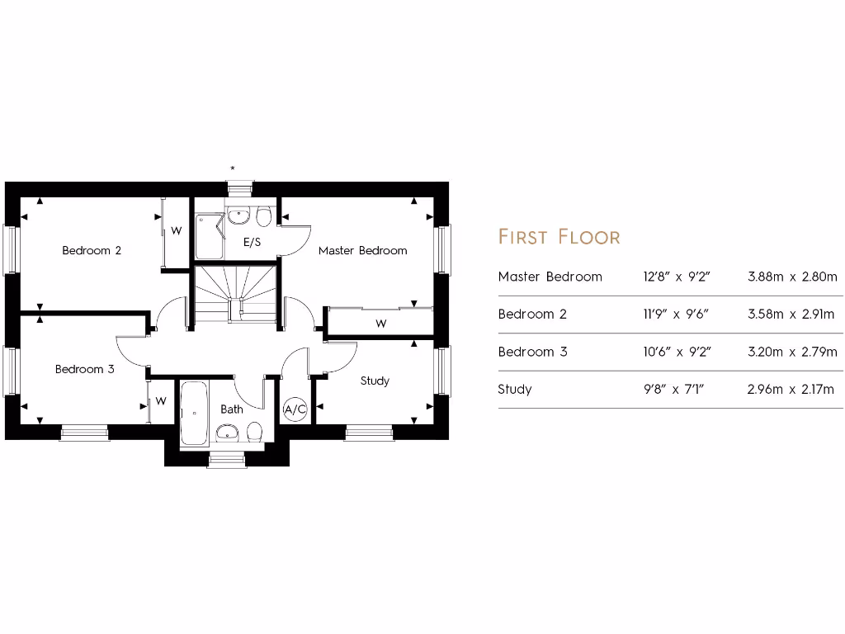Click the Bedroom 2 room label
pos(92,250)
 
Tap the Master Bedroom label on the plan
pos(362,250)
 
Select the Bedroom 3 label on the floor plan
pos(84,369)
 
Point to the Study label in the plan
pos(375,381)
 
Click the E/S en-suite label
pos(252,242)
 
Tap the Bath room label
pos(232,409)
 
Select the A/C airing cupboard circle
pos(295,409)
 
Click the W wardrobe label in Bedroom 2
pos(176,232)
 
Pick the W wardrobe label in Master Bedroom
pos(380,324)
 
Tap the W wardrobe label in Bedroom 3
pos(161,402)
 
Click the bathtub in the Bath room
pos(195,413)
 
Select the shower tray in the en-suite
pos(209,235)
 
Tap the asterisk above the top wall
pos(233,168)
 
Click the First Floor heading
pos(559,237)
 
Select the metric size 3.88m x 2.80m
pos(791,277)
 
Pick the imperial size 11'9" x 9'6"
pos(676,314)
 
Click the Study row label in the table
pos(514,389)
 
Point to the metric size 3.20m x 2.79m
pos(791,352)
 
